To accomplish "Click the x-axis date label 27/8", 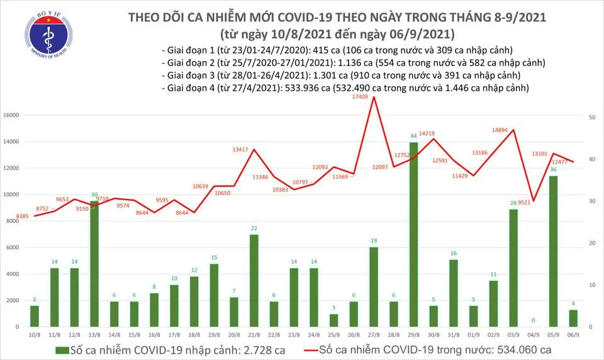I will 374,335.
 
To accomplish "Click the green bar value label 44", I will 414,136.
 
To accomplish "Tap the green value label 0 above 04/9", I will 534,320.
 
